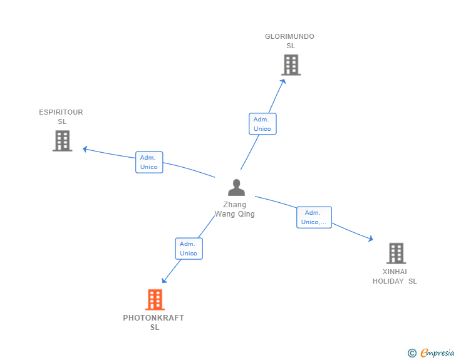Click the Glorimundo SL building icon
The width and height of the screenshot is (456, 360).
pos(291,64)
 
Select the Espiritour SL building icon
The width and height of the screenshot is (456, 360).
pos(62,141)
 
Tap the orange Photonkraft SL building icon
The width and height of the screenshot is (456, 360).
pos(155,300)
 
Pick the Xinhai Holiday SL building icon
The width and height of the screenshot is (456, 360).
pos(396,253)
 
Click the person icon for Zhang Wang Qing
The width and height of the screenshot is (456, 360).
pos(236,187)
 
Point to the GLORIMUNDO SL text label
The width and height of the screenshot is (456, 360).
pos(289,41)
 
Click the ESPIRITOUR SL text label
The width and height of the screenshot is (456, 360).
pos(61,116)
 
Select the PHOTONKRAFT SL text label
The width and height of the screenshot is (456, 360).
pos(153,322)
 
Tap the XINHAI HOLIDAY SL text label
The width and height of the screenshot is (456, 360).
pos(395,276)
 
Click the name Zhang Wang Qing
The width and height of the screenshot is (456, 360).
pos(235,209)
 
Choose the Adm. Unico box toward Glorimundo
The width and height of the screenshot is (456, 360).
pos(262,124)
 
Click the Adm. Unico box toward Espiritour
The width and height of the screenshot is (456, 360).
pos(149,162)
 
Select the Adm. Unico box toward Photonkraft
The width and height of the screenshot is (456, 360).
pos(189,249)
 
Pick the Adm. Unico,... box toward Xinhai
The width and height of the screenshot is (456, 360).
pos(314,217)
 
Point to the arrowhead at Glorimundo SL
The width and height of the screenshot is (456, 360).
pos(283,81)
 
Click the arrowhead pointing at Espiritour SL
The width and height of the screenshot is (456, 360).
pos(85,149)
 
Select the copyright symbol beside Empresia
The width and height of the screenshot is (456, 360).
pos(412,353)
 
